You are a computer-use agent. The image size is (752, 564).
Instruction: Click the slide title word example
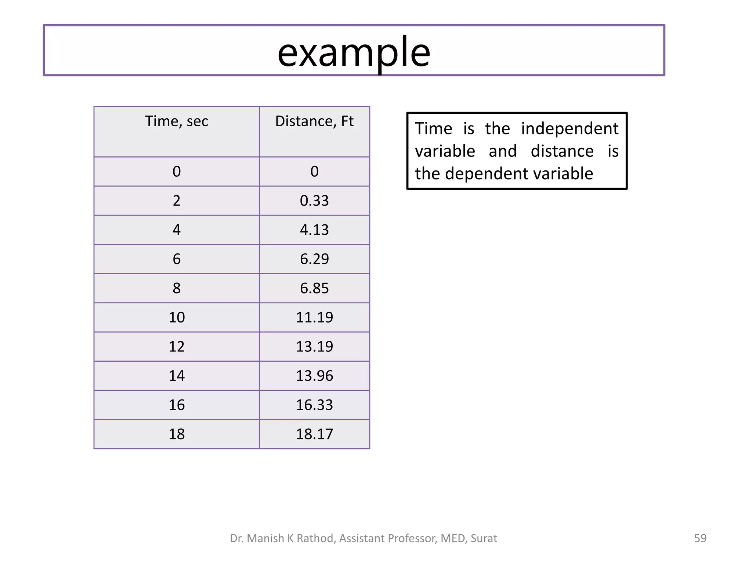coord(354,52)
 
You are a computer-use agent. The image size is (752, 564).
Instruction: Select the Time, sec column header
coord(177,121)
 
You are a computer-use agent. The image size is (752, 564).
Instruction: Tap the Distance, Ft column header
coord(314,121)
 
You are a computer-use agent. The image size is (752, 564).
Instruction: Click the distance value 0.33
coord(314,201)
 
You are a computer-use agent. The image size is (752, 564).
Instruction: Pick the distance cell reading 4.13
coord(314,230)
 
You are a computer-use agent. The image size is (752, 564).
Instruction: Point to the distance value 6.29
coord(314,259)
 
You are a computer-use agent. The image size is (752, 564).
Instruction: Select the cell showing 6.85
coord(314,288)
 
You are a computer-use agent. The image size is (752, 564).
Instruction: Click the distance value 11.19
coord(314,317)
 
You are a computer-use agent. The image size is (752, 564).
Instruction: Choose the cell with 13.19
coord(314,347)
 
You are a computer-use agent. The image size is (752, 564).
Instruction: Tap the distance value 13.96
coord(314,376)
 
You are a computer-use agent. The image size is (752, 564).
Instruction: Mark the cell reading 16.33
coord(314,405)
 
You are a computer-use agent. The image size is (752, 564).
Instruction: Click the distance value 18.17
coord(314,434)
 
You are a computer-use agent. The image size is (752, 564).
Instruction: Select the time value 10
coord(177,317)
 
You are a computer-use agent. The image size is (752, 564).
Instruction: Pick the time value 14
coord(177,376)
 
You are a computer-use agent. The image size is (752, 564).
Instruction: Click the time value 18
coord(177,434)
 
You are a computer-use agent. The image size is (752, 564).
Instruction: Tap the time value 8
coord(177,288)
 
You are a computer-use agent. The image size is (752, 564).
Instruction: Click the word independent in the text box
coord(570,129)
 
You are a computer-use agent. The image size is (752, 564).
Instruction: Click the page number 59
coord(700,538)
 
